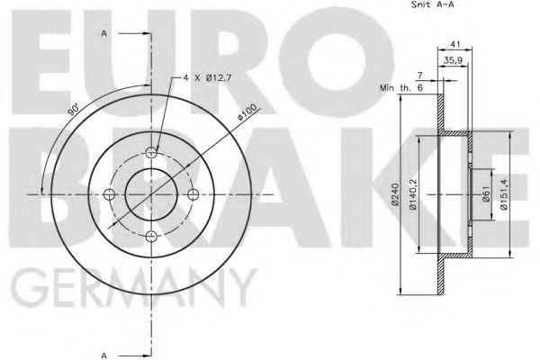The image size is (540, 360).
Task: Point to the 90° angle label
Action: [x=73, y=110]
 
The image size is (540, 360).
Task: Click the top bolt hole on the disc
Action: [x=151, y=152]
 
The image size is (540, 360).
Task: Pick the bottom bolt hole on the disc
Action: [x=151, y=236]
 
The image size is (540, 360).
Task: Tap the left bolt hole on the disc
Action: [x=110, y=194]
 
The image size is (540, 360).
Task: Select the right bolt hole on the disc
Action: [x=193, y=194]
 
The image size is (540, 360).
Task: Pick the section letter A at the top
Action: [x=104, y=33]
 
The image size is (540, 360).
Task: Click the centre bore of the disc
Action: [x=151, y=194]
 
